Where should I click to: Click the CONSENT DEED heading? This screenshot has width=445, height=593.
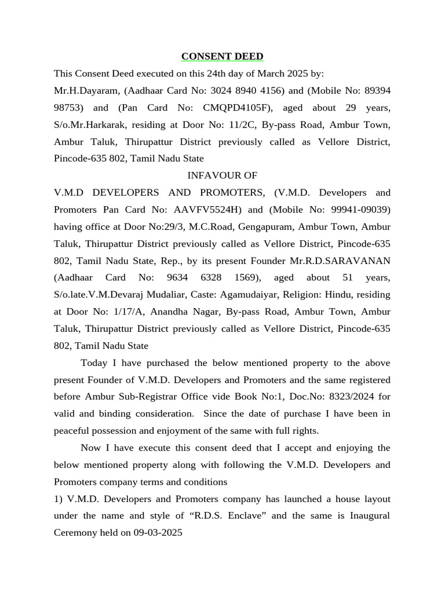point(222,56)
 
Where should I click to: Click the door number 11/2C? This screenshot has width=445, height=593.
point(235,125)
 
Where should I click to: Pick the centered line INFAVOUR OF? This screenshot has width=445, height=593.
point(222,175)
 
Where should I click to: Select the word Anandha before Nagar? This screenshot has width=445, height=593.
point(172,312)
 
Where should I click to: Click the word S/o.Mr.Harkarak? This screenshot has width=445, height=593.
point(87,125)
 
